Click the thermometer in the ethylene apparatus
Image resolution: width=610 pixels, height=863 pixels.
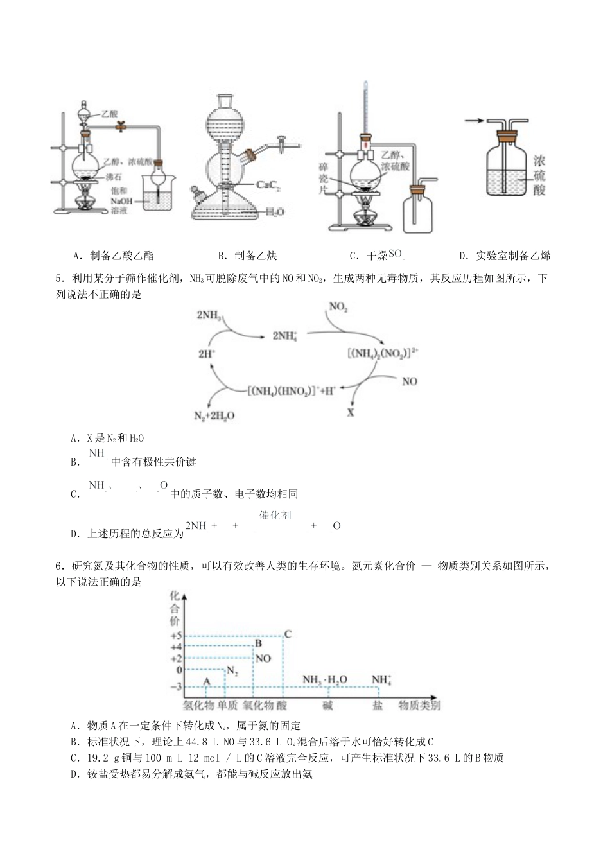(365, 109)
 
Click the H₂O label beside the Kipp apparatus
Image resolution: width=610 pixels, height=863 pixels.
(274, 211)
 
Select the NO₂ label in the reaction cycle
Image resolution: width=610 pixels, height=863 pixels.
(338, 307)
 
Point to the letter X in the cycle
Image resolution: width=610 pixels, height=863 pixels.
(351, 413)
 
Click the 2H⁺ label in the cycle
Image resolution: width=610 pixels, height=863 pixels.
(207, 354)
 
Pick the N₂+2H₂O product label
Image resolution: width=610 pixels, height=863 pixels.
(214, 415)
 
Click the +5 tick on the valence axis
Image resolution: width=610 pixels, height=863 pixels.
(175, 635)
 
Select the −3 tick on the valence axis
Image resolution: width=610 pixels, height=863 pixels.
(175, 687)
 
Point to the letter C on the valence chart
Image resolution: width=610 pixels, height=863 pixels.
(288, 634)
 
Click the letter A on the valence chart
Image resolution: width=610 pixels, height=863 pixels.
(207, 681)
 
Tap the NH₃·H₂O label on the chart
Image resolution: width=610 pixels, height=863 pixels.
(325, 679)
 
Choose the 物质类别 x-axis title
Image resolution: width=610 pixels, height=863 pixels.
(419, 706)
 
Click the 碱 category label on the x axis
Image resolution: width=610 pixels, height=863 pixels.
(327, 706)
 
